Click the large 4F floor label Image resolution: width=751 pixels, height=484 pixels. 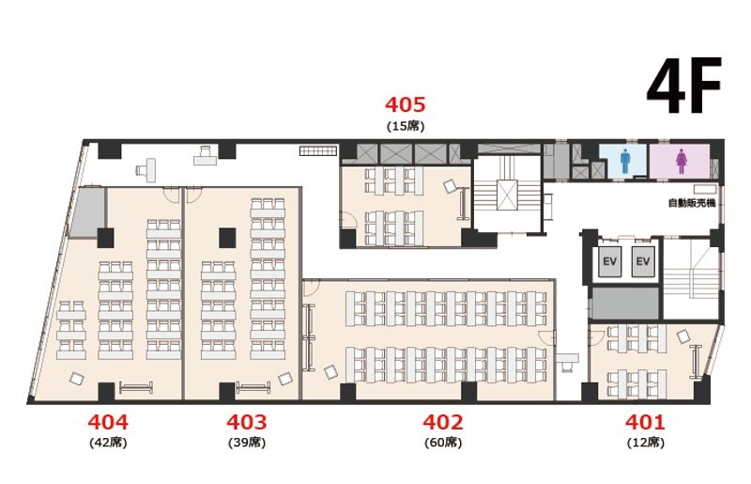tap(684, 86)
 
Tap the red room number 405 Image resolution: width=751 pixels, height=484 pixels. tap(406, 104)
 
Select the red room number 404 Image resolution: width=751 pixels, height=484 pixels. tap(108, 422)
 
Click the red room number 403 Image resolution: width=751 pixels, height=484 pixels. tap(247, 422)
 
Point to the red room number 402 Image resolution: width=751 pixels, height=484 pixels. tap(443, 422)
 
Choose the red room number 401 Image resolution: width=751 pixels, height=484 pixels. tap(645, 422)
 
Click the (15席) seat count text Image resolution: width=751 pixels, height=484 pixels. tap(406, 126)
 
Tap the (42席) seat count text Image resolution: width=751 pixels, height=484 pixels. tap(108, 443)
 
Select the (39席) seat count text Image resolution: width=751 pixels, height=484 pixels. tap(247, 443)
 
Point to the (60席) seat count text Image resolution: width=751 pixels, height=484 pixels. tap(443, 443)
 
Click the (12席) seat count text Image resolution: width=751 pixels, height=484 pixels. tap(646, 443)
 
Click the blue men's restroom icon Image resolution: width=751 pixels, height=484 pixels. tap(625, 161)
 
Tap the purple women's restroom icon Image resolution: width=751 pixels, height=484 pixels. tap(682, 162)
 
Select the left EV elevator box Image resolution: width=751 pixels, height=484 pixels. tap(609, 261)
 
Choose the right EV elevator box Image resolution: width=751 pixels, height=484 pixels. tap(643, 261)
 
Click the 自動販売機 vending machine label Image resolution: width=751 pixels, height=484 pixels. tap(692, 203)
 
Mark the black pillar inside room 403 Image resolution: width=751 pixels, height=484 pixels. tap(227, 238)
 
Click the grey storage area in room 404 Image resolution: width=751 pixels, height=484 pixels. tap(86, 212)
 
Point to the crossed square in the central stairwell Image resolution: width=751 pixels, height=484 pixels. tap(507, 195)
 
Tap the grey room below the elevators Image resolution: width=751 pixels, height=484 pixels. tap(626, 303)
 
